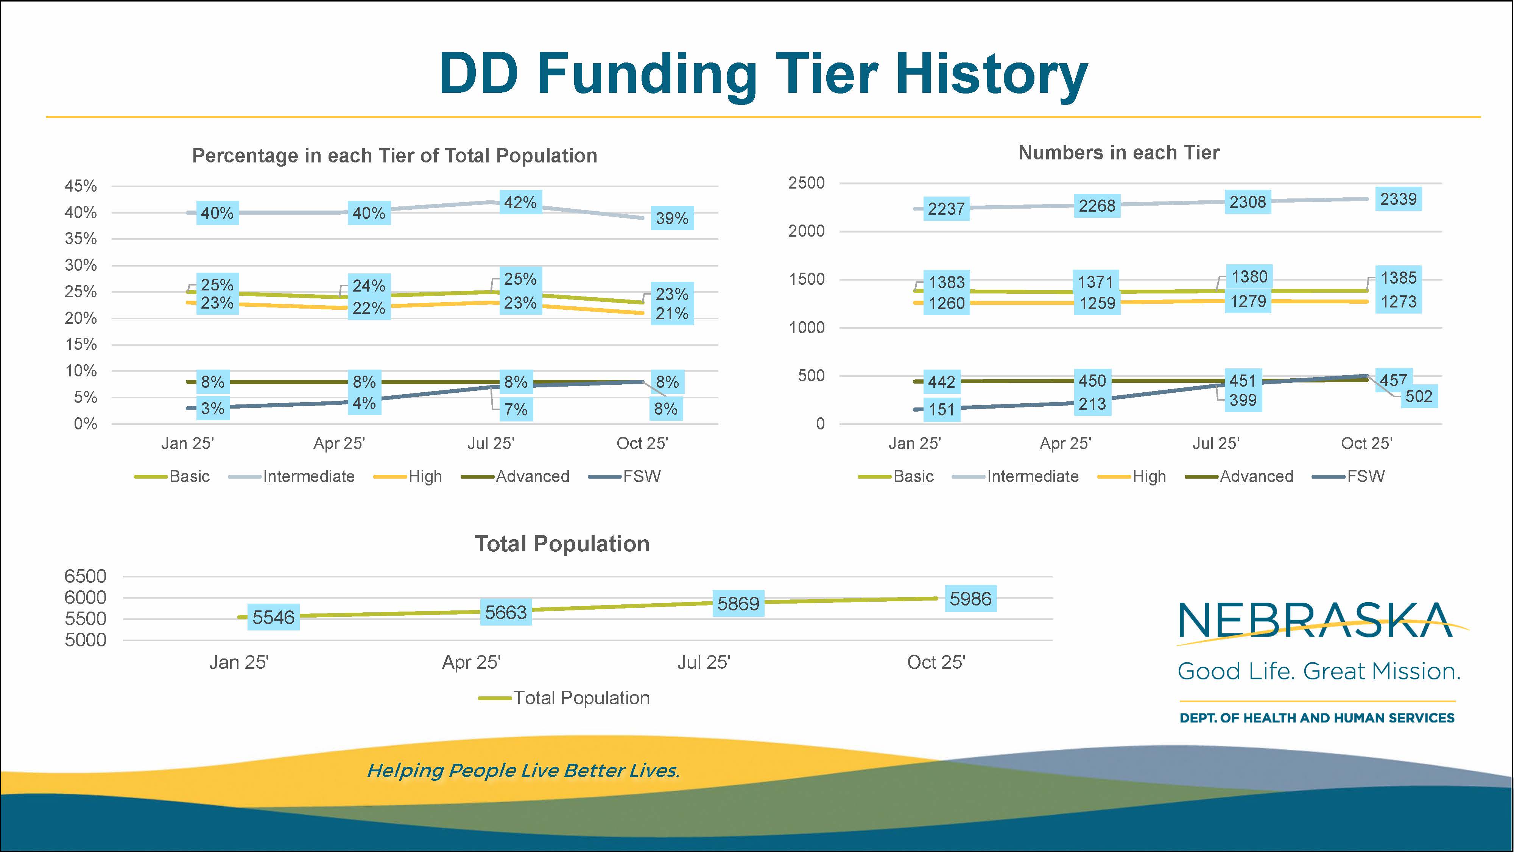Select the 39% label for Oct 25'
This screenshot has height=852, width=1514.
tap(672, 218)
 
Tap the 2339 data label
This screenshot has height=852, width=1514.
tap(1398, 199)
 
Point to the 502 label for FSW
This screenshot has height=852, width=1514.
tap(1418, 396)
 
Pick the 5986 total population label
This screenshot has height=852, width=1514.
tap(970, 599)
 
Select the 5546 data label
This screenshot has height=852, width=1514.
tap(273, 617)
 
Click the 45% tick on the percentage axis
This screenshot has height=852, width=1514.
tap(81, 186)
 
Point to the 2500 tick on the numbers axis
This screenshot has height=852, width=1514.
tap(806, 183)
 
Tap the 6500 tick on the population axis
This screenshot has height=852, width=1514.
tap(85, 576)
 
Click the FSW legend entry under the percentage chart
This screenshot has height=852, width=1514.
tap(641, 476)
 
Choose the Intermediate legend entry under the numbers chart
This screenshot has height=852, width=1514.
tap(1032, 476)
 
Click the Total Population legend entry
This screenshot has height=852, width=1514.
tap(581, 698)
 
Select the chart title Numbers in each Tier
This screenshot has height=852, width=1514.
tap(1118, 153)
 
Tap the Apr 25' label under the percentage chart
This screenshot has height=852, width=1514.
tap(339, 443)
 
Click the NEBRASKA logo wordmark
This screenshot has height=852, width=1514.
tap(1315, 620)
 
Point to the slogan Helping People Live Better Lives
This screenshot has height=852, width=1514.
tap(523, 770)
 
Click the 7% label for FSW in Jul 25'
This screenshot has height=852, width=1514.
tap(516, 409)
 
